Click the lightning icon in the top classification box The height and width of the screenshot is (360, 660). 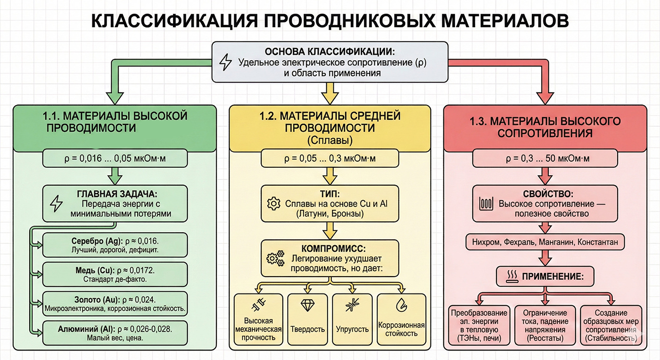tap(226, 62)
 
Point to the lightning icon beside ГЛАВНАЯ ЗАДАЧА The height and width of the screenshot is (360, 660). tap(56, 204)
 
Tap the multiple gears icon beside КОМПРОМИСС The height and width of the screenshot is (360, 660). tap(275, 258)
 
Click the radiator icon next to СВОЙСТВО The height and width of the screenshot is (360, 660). tap(486, 204)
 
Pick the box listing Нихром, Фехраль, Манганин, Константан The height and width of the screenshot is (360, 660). tap(545, 242)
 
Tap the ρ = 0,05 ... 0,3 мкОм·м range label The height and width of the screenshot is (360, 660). tap(330, 158)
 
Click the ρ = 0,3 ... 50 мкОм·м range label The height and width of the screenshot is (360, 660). tap(545, 158)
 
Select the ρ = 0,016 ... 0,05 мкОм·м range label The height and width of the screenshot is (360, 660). tap(115, 158)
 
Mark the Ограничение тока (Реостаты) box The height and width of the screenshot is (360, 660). tap(545, 326)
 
